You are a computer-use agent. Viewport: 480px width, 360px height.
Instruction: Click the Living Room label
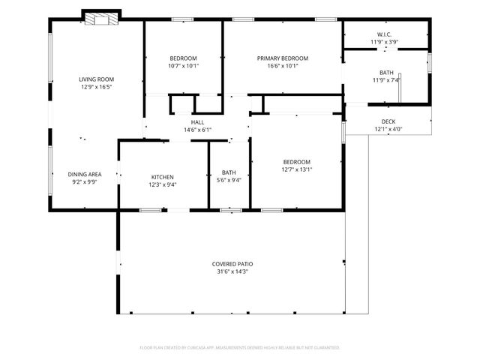pyautogui.click(x=95, y=79)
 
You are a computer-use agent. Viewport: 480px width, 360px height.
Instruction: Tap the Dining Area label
pyautogui.click(x=85, y=174)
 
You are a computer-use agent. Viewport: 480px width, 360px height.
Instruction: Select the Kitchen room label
pyautogui.click(x=163, y=177)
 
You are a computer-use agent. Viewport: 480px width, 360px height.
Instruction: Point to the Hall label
pyautogui.click(x=197, y=122)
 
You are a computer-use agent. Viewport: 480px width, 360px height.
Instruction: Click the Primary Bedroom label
pyautogui.click(x=283, y=58)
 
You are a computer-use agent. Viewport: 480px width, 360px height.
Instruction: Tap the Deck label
pyautogui.click(x=388, y=121)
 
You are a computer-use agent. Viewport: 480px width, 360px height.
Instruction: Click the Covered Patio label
pyautogui.click(x=232, y=264)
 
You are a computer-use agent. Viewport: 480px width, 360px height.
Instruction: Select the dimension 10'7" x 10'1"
pyautogui.click(x=183, y=65)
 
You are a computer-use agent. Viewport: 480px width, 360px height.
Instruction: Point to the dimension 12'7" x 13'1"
pyautogui.click(x=296, y=169)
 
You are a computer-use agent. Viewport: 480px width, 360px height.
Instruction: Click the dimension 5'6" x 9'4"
pyautogui.click(x=228, y=180)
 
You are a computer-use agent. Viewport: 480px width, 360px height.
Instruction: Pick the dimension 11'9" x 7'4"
pyautogui.click(x=386, y=80)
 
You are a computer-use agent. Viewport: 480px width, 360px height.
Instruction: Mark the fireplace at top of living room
pyautogui.click(x=100, y=18)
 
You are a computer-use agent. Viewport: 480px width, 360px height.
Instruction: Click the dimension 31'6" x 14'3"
pyautogui.click(x=232, y=271)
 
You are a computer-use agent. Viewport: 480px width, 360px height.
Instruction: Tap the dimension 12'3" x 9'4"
pyautogui.click(x=163, y=184)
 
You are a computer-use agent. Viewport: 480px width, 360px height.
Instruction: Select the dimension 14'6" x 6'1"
pyautogui.click(x=197, y=130)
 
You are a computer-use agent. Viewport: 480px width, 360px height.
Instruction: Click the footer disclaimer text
pyautogui.click(x=240, y=348)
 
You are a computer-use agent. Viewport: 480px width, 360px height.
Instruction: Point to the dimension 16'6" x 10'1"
pyautogui.click(x=283, y=65)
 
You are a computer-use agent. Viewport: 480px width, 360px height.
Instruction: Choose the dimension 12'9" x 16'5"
pyautogui.click(x=95, y=86)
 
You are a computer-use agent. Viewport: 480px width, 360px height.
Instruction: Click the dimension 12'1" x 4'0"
pyautogui.click(x=388, y=129)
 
